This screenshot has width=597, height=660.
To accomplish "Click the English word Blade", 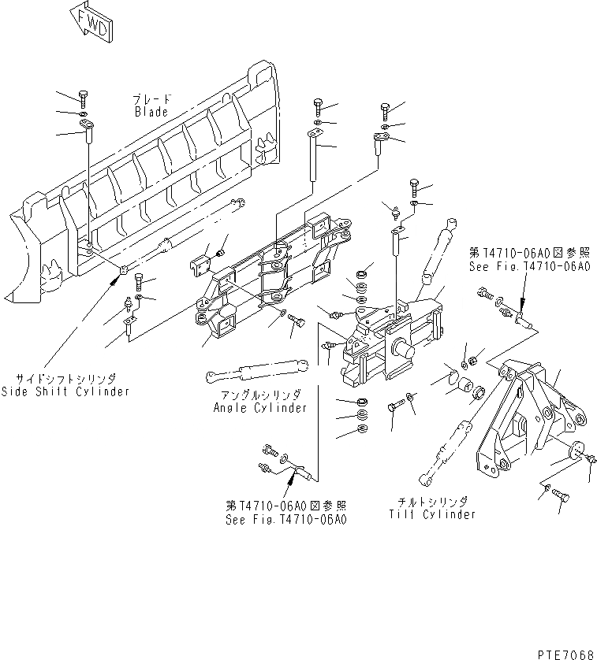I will (x=150, y=112).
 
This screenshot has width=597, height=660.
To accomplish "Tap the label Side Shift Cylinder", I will (x=65, y=391).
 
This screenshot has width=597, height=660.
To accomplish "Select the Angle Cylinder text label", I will (x=259, y=408).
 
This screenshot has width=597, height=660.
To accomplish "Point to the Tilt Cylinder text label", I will (x=431, y=514).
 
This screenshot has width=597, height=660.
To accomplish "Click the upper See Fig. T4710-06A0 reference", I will (x=528, y=266).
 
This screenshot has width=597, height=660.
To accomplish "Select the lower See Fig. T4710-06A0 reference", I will (x=285, y=519).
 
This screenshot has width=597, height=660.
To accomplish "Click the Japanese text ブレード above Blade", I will (x=150, y=100).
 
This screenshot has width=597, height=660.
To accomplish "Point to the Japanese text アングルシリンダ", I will (x=259, y=396).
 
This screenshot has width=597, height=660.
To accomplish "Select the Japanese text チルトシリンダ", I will (x=431, y=502).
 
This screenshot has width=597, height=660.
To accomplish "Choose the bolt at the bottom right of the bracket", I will (x=562, y=495).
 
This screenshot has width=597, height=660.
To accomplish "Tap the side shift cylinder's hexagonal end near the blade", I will (x=124, y=272).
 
